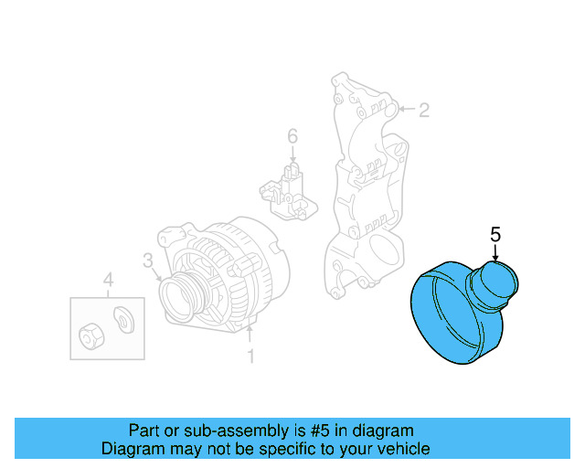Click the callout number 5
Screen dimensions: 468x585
[495, 235]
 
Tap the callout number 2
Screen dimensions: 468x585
[423, 111]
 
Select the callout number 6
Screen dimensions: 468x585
[292, 136]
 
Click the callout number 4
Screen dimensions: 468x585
[108, 279]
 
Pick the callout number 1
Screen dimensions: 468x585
[250, 356]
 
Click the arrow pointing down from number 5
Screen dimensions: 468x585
[495, 254]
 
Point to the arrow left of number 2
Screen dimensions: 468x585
[407, 111]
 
